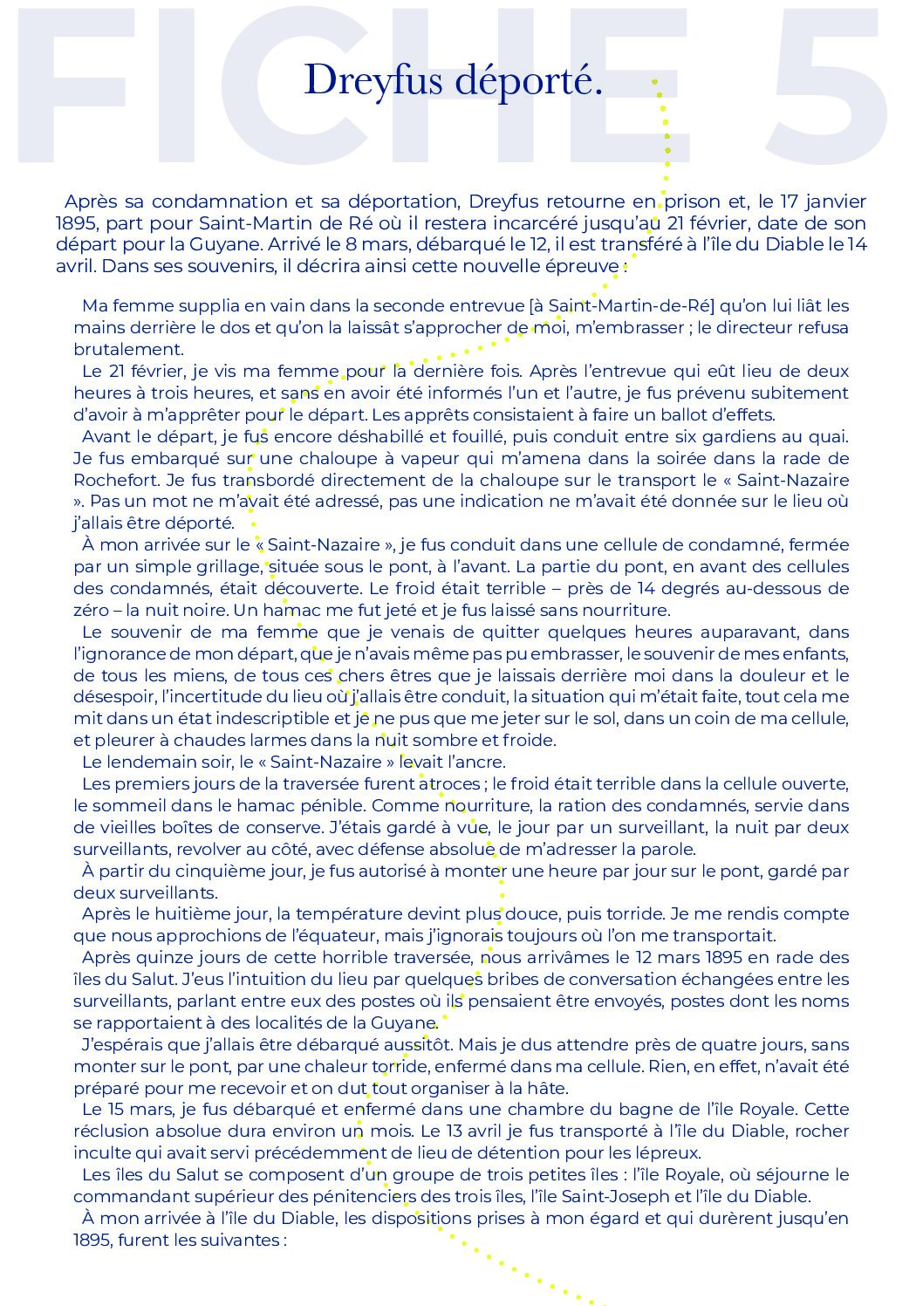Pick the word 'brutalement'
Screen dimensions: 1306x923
click(x=129, y=349)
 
